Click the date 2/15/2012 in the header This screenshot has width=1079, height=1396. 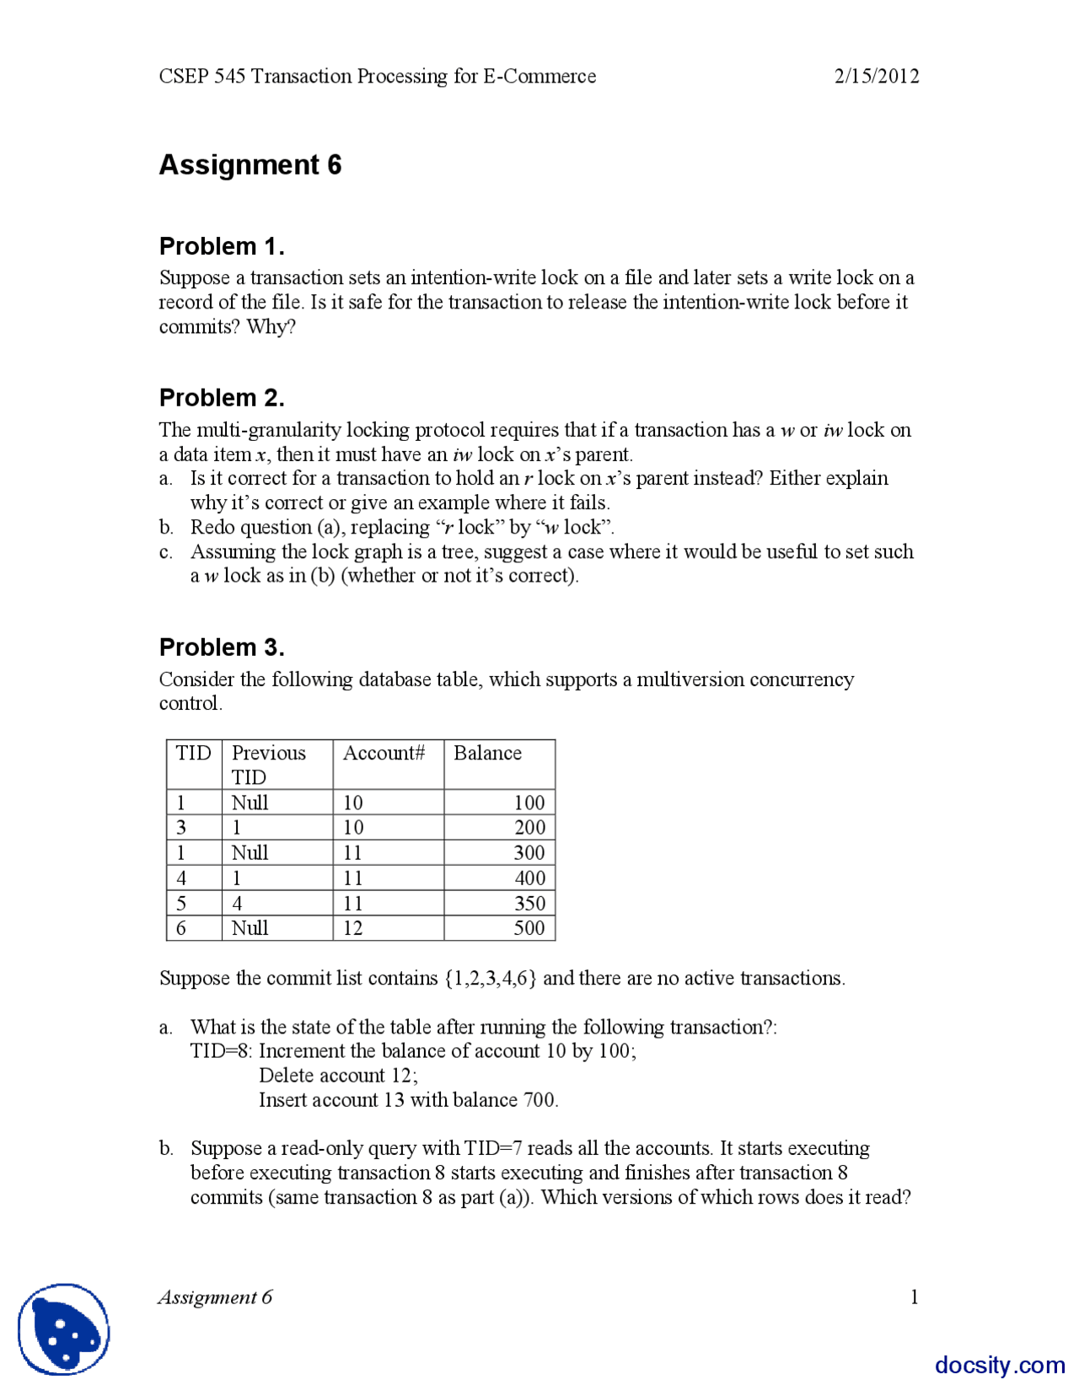pyautogui.click(x=876, y=76)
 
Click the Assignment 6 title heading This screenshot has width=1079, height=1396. pyautogui.click(x=250, y=164)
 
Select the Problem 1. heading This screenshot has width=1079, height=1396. pyautogui.click(x=222, y=246)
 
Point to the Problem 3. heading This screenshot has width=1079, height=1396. pyautogui.click(x=222, y=647)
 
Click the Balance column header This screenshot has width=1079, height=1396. pyautogui.click(x=487, y=753)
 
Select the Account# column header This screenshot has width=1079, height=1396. pyautogui.click(x=384, y=753)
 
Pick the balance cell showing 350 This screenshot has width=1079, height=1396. pyautogui.click(x=529, y=903)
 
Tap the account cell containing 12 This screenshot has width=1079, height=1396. pyautogui.click(x=352, y=928)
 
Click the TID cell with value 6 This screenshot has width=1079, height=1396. pyautogui.click(x=180, y=928)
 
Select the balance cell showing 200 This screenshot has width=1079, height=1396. pyautogui.click(x=529, y=827)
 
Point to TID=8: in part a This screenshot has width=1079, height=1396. pyautogui.click(x=222, y=1051)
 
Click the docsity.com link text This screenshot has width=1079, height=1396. pyautogui.click(x=1000, y=1364)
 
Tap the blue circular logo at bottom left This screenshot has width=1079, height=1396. pyautogui.click(x=64, y=1329)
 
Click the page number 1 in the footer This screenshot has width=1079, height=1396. pyautogui.click(x=914, y=1297)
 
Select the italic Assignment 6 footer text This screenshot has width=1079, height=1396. pyautogui.click(x=215, y=1297)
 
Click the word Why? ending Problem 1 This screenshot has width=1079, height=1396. pyautogui.click(x=271, y=327)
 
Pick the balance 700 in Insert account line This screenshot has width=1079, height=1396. pyautogui.click(x=539, y=1099)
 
